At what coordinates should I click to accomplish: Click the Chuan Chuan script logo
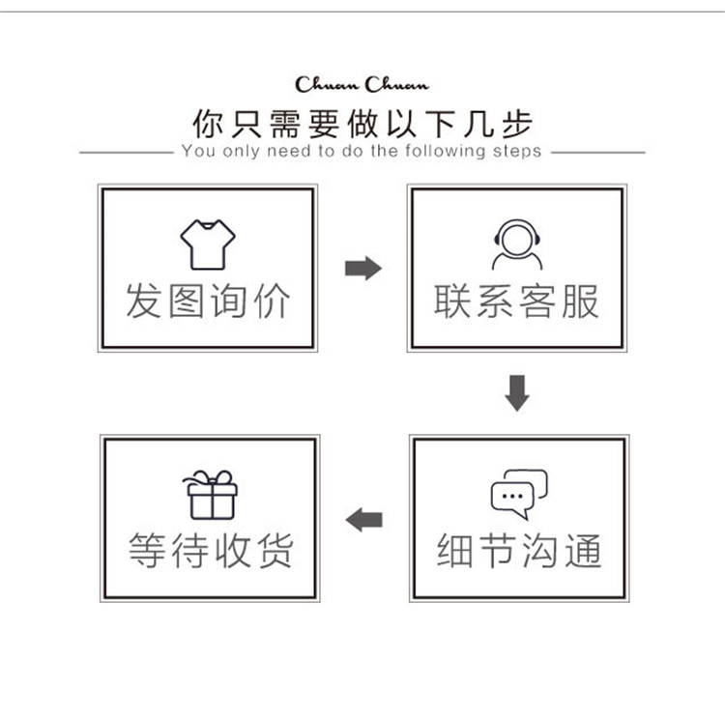[x=362, y=85]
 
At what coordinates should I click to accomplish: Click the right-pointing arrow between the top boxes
[x=363, y=268]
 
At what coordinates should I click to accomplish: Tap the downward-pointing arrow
[x=517, y=393]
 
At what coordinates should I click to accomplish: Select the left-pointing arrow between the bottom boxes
[x=363, y=520]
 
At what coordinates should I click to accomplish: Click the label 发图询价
[x=208, y=301]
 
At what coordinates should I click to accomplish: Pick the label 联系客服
[x=516, y=301]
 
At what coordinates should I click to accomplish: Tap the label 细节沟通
[x=519, y=550]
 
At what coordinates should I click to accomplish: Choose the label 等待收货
[x=211, y=550]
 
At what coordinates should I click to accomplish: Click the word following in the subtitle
[x=446, y=151]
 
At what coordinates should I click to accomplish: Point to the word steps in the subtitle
[x=517, y=152]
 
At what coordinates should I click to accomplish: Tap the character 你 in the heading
[x=208, y=124]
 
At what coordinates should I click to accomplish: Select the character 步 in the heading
[x=517, y=124]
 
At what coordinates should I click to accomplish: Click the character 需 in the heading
[x=285, y=124]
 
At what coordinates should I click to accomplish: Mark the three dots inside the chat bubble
[x=512, y=497]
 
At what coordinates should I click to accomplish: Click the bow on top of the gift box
[x=211, y=477]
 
